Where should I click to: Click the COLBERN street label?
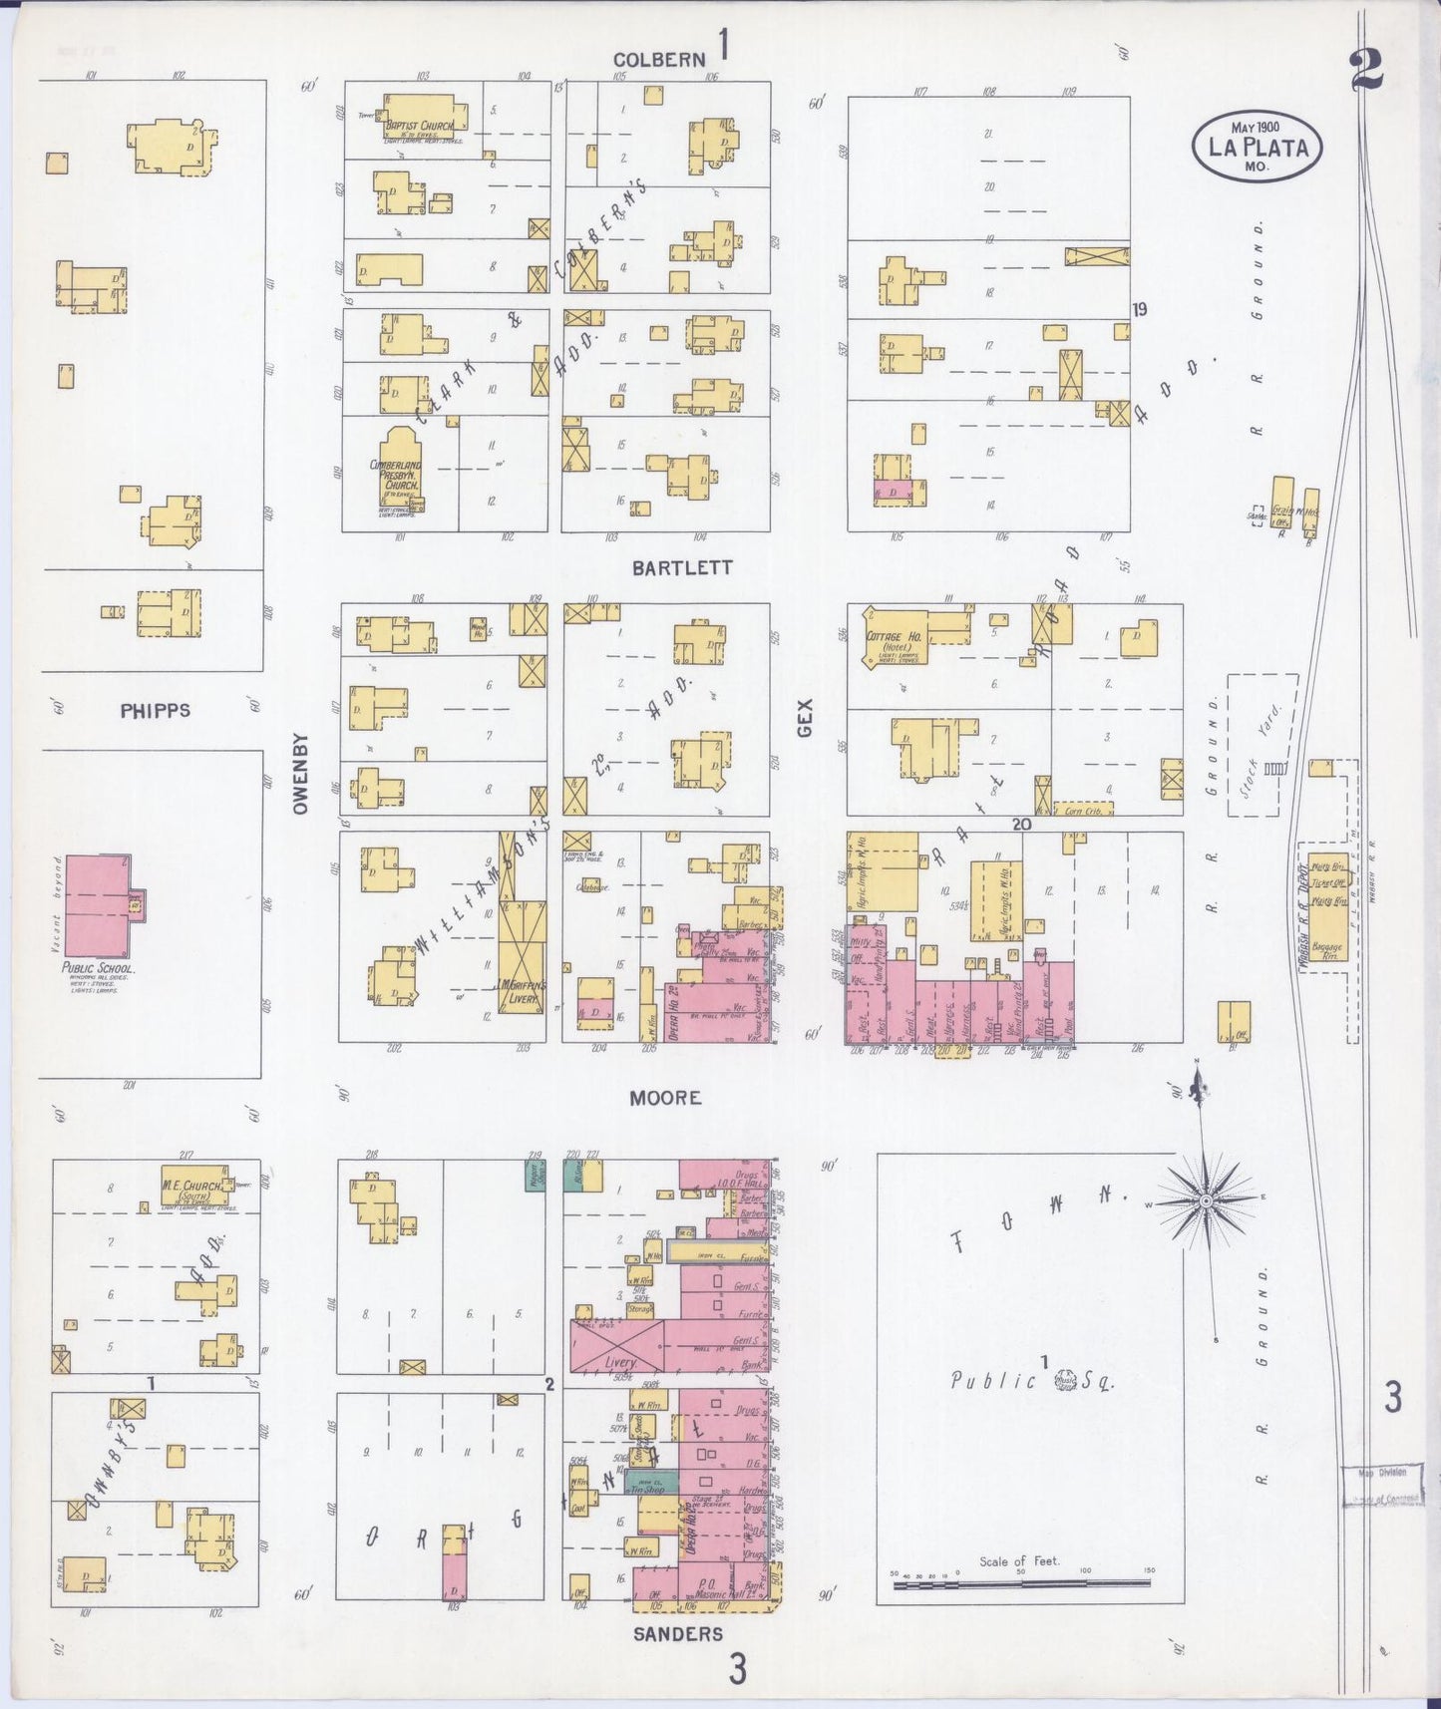[659, 60]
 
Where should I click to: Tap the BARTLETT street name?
[682, 567]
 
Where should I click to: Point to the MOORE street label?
[665, 1098]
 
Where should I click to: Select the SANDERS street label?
[678, 1633]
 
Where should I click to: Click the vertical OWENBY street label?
[301, 774]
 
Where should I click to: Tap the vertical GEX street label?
[805, 718]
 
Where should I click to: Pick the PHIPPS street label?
[155, 711]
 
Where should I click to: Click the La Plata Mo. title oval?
[1258, 148]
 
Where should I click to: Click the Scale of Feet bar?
[1020, 1582]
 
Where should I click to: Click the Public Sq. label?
[1031, 1380]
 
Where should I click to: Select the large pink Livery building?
[616, 1345]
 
